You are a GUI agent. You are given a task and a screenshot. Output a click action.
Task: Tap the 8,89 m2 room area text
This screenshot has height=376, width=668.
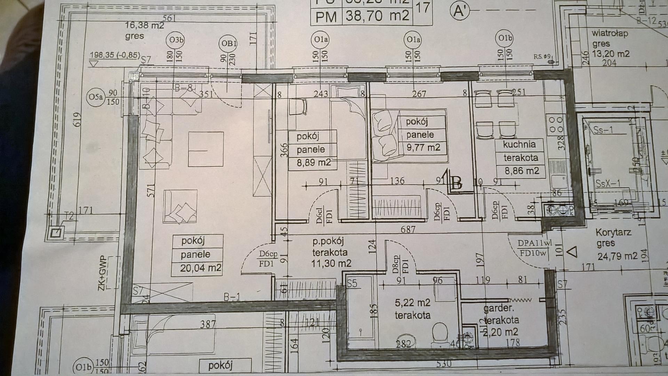[313, 163]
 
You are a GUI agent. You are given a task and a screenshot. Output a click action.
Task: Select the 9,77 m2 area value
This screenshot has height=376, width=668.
[423, 148]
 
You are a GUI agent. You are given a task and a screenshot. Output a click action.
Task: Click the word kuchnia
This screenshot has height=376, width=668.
[519, 144]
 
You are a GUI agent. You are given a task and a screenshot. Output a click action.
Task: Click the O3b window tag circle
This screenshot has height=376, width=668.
[176, 40]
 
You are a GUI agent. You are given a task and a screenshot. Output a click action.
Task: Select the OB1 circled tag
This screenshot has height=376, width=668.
[229, 43]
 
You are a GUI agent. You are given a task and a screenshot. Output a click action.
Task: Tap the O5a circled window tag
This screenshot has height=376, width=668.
[95, 97]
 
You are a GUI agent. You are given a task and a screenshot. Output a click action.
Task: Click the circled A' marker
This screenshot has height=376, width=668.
[460, 11]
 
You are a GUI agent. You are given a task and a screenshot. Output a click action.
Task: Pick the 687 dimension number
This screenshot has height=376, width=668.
[408, 229]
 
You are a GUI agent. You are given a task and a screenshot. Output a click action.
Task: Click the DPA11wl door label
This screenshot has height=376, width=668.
[534, 244]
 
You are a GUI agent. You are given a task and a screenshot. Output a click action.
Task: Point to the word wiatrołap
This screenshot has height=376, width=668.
[610, 33]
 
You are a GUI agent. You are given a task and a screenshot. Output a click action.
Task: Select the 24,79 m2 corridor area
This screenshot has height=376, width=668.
[618, 256]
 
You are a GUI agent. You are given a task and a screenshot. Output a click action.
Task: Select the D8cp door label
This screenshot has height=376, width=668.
[396, 264]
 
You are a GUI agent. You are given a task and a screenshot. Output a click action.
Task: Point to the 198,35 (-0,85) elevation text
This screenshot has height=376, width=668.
[115, 55]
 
